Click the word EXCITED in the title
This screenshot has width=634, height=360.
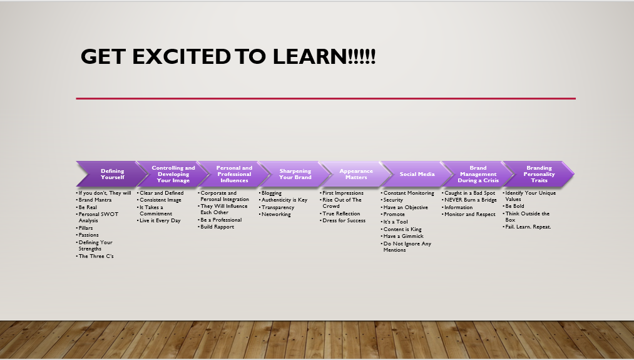tap(182, 56)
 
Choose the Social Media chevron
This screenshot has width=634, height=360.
tap(417, 174)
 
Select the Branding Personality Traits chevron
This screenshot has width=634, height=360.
tap(539, 174)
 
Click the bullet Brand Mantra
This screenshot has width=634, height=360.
tap(95, 200)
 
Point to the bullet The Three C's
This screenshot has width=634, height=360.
tap(96, 256)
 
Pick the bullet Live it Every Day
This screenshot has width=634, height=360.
tap(160, 220)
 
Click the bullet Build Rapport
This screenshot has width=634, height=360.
tap(217, 227)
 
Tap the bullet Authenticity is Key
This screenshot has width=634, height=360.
tap(284, 200)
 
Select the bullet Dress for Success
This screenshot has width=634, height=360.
tap(344, 220)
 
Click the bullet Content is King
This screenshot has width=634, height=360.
tap(402, 229)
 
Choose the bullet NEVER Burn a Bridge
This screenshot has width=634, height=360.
tap(470, 200)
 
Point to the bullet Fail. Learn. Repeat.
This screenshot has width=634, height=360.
tap(528, 227)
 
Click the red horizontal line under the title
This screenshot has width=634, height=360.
tap(326, 98)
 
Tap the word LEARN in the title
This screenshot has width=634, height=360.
tap(310, 56)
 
